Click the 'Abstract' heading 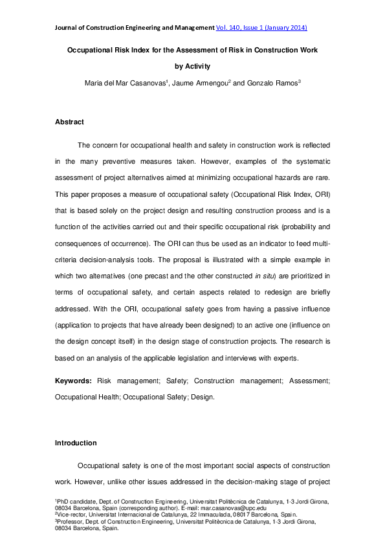(69, 122)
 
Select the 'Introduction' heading (76, 443)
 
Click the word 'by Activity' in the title (192, 65)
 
